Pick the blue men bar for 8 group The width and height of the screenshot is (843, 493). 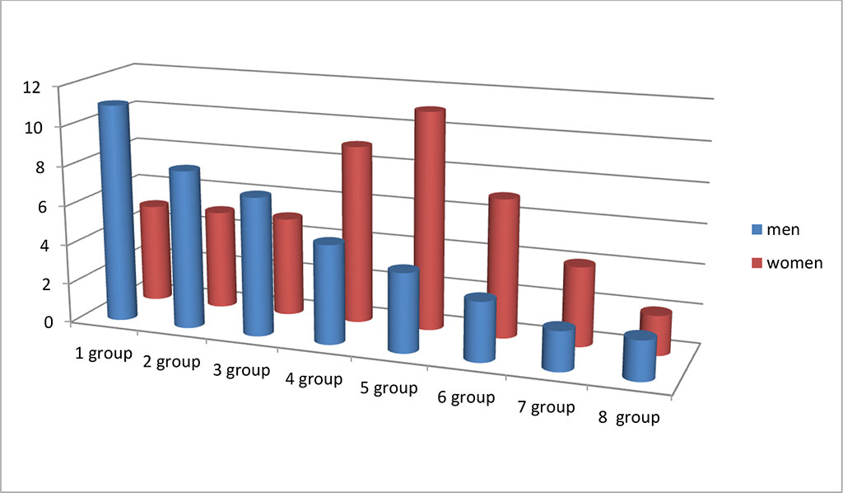pyautogui.click(x=640, y=358)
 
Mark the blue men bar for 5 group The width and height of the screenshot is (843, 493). pyautogui.click(x=403, y=311)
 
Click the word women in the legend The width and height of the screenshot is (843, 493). pyautogui.click(x=794, y=263)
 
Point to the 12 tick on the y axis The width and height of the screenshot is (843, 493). pyautogui.click(x=33, y=87)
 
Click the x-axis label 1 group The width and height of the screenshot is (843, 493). pyautogui.click(x=103, y=355)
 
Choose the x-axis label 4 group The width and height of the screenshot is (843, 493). pyautogui.click(x=314, y=379)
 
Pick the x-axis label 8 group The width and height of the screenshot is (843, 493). pyautogui.click(x=629, y=417)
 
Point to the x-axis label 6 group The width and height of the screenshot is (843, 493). pyautogui.click(x=466, y=397)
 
